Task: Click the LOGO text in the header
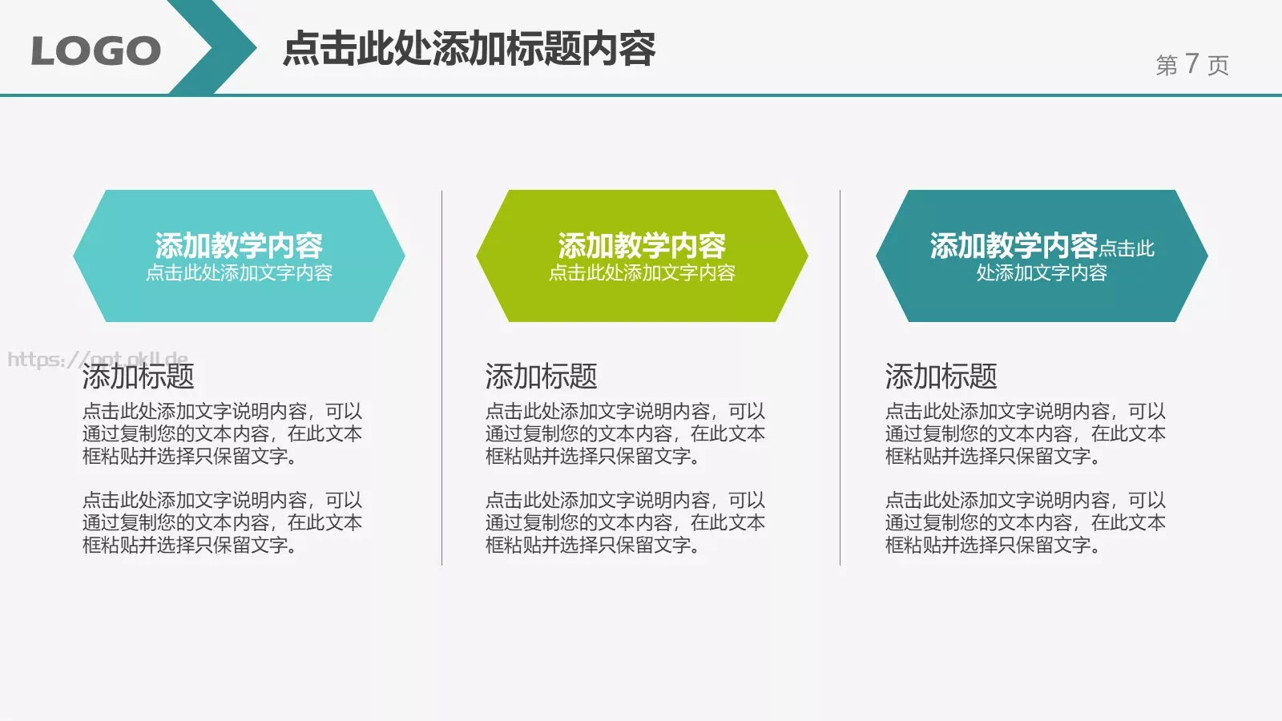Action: pos(95,51)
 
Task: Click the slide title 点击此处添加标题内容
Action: pos(470,48)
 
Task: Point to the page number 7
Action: pos(1192,63)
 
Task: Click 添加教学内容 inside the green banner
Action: pos(642,245)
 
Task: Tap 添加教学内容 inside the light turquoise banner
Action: pos(239,245)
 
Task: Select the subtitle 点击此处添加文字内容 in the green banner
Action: pos(642,273)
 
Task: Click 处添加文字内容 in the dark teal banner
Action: pos(1042,273)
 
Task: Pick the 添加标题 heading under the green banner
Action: pos(541,376)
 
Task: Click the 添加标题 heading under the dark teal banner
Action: pos(941,376)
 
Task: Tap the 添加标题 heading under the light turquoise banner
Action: pos(138,376)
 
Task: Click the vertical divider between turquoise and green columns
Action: pos(441,377)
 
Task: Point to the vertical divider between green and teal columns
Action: pos(840,377)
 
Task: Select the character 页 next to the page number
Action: pos(1218,65)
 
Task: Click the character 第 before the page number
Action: pos(1167,65)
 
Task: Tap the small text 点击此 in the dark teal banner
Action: pos(1127,249)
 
